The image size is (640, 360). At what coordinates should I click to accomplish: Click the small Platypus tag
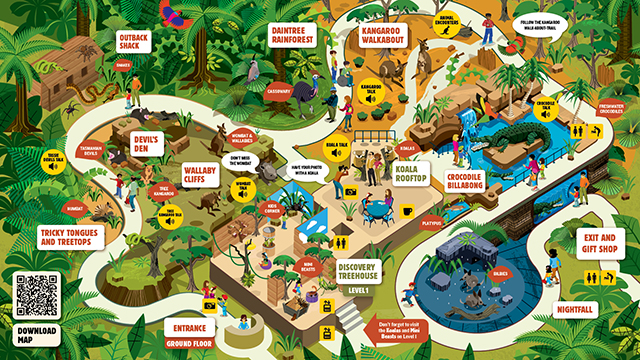[x=432, y=224]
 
